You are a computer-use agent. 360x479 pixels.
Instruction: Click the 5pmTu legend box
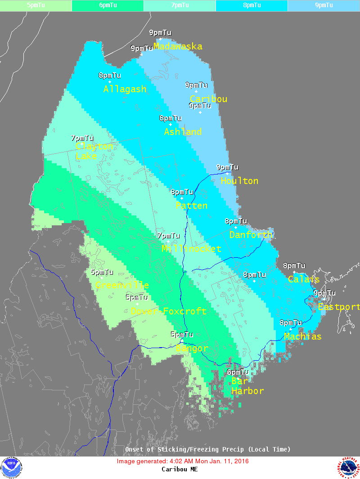(x=36, y=5)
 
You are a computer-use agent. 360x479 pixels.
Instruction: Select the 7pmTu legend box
(x=180, y=5)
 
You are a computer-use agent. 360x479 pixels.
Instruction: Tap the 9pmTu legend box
(x=324, y=5)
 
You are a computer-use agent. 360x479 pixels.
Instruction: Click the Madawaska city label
(x=178, y=46)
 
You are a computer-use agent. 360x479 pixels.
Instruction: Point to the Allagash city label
(x=125, y=89)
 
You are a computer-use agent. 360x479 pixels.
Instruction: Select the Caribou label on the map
(x=208, y=99)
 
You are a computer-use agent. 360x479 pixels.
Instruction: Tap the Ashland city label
(x=183, y=132)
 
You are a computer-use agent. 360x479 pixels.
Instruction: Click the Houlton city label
(x=239, y=181)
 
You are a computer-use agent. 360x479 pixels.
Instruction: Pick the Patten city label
(x=191, y=206)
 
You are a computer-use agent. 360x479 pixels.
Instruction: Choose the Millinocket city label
(x=191, y=249)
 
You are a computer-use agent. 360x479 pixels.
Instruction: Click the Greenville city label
(x=122, y=286)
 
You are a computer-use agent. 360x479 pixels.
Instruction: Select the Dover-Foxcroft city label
(x=168, y=311)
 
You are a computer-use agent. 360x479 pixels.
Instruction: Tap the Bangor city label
(x=192, y=349)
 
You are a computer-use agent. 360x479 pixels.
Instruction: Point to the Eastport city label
(x=338, y=307)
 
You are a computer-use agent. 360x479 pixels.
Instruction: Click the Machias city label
(x=302, y=336)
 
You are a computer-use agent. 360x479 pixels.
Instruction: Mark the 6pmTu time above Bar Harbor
(x=238, y=372)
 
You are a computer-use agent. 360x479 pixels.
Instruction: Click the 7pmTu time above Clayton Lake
(x=82, y=138)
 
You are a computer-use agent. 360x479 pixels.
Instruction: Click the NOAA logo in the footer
(x=11, y=468)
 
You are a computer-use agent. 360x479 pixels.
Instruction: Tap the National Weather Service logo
(x=348, y=468)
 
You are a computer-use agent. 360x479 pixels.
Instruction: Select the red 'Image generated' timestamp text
(x=183, y=461)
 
